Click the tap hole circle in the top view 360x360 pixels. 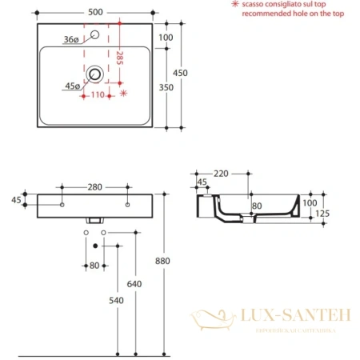click(96, 34)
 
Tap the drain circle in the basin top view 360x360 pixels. click(96, 74)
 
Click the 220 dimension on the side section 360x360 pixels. click(222, 173)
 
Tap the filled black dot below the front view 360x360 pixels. click(95, 244)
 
